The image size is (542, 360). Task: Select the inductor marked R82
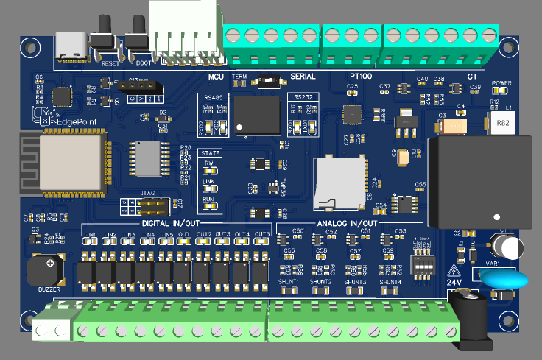point(502,122)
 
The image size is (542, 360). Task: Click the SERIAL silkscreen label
point(303,77)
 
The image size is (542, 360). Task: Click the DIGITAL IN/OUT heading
point(170,223)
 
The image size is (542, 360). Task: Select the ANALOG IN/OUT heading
point(346,223)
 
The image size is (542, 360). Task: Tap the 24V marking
point(454,281)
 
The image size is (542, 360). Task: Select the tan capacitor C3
point(451,127)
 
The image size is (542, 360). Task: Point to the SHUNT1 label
point(289,282)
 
